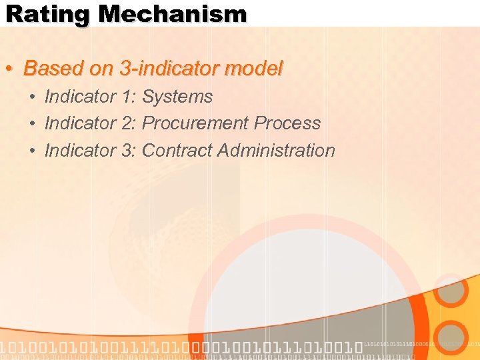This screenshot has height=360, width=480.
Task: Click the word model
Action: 257,68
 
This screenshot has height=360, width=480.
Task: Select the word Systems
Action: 177,97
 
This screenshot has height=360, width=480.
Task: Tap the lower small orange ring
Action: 453,337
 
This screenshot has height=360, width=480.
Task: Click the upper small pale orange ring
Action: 453,291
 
